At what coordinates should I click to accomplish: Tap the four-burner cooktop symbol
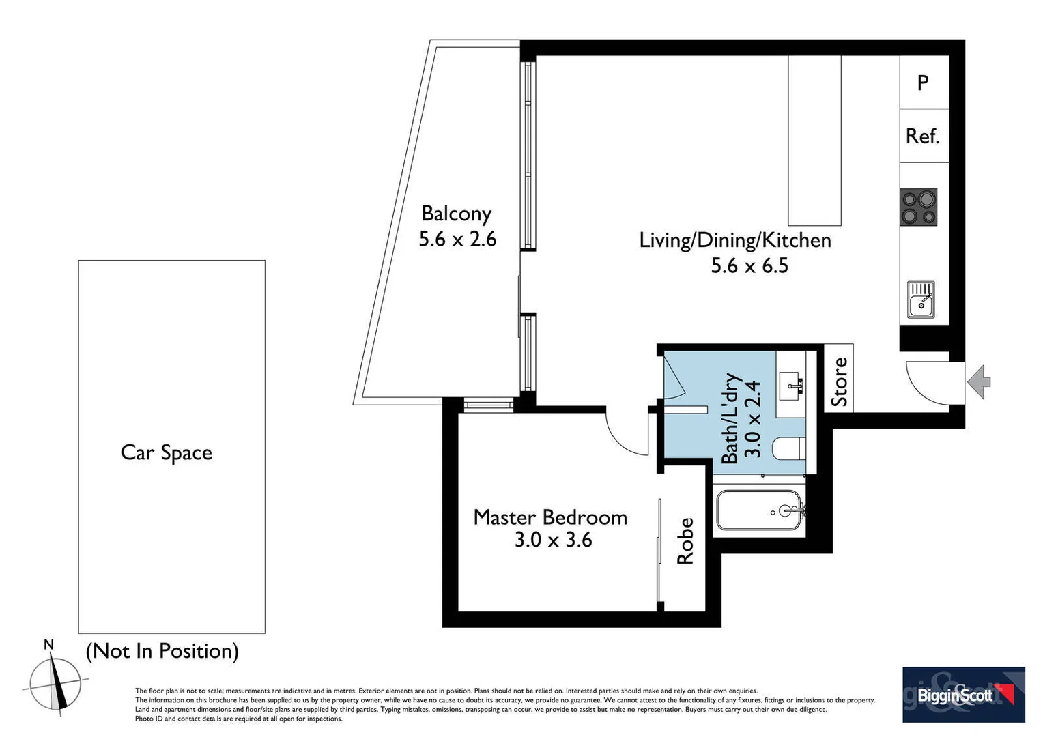(919, 207)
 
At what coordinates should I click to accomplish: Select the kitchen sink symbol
(921, 300)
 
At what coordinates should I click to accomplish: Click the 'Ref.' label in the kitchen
(923, 136)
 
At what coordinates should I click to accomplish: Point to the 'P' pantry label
(923, 83)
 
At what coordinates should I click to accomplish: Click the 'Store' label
(840, 381)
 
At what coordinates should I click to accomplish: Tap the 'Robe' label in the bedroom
(685, 541)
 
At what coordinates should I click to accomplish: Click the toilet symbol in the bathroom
(789, 449)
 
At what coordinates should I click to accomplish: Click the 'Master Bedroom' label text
(550, 517)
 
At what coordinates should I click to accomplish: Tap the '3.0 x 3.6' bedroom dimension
(553, 540)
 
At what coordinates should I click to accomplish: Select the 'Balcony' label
(456, 214)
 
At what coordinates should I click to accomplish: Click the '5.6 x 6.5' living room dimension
(749, 265)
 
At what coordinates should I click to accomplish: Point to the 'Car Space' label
(167, 452)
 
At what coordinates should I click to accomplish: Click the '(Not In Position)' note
(162, 651)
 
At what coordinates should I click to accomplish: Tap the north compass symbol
(56, 683)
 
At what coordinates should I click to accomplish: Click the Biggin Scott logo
(963, 695)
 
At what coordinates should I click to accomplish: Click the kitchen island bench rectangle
(814, 140)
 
